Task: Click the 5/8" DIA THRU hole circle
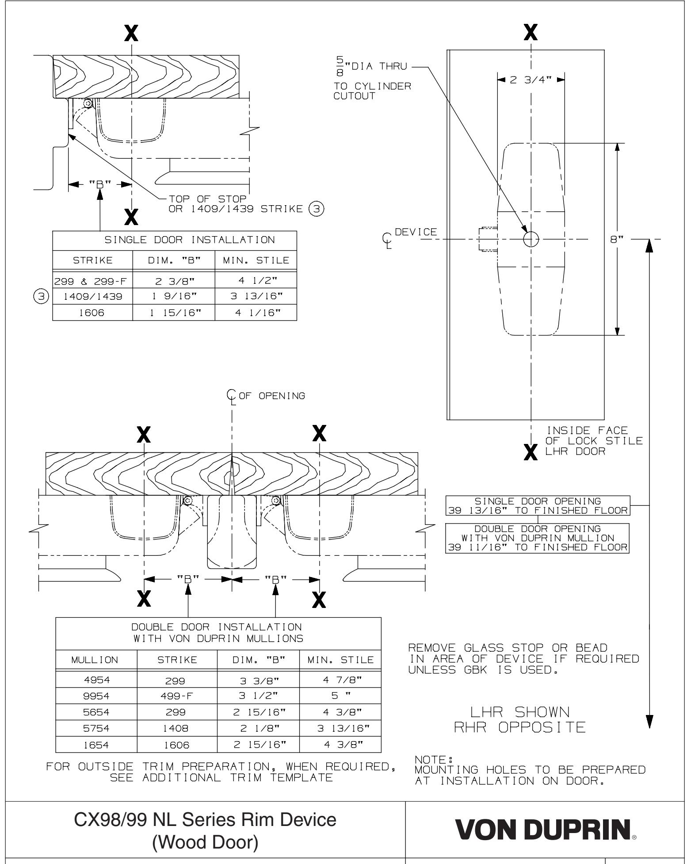pyautogui.click(x=531, y=239)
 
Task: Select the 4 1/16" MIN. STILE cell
pyautogui.click(x=255, y=313)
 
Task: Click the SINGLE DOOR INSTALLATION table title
pyautogui.click(x=174, y=240)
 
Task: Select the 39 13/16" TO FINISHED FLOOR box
pyautogui.click(x=538, y=506)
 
